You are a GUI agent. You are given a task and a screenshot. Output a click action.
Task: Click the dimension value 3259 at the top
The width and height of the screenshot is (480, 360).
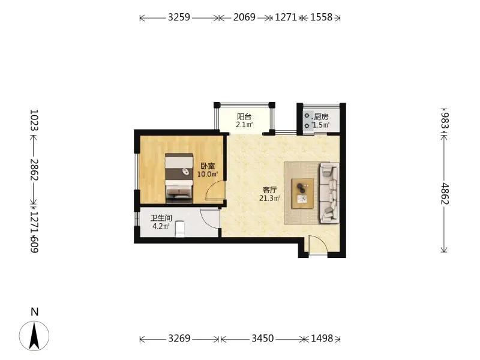click(x=179, y=17)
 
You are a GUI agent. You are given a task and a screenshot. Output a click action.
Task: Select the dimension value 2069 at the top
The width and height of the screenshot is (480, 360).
click(x=244, y=17)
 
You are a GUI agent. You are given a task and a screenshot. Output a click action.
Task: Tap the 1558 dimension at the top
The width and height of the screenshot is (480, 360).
click(x=321, y=17)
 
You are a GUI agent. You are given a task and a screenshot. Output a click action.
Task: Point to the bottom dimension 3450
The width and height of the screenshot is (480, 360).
click(x=263, y=338)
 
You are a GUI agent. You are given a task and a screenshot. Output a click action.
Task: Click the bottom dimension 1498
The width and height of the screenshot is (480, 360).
click(x=322, y=338)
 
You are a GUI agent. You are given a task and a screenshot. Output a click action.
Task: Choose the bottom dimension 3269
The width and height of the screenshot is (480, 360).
click(x=179, y=338)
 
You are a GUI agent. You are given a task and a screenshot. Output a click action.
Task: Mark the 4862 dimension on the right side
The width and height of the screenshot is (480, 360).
click(x=445, y=194)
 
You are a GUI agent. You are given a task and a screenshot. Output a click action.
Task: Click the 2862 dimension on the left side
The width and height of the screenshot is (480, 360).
click(x=34, y=170)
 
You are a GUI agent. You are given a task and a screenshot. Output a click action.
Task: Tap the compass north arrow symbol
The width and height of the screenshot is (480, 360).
click(x=34, y=336)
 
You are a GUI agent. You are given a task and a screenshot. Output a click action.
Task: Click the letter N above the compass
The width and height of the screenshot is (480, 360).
click(x=35, y=312)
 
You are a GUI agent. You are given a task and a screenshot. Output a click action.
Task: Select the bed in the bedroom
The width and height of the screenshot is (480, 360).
click(x=179, y=178)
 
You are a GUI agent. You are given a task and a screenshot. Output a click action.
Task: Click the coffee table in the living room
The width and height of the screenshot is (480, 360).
click(x=302, y=193)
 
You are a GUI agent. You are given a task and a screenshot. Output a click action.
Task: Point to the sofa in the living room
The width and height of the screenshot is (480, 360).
click(x=329, y=193)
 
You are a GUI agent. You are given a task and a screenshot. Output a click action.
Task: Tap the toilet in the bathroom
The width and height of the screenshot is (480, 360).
click(x=181, y=229)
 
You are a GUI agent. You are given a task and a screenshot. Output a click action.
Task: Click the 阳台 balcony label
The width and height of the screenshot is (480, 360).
click(x=244, y=116)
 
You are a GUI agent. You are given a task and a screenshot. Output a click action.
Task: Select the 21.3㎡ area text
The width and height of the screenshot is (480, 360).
click(x=269, y=199)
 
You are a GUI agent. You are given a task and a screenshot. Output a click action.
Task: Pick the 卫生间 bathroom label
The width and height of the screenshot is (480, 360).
click(x=161, y=218)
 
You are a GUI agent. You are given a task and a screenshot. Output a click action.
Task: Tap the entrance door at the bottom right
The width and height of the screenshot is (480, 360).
click(x=318, y=245)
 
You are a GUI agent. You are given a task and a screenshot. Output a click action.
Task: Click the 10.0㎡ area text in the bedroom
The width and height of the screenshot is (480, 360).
click(x=208, y=175)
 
